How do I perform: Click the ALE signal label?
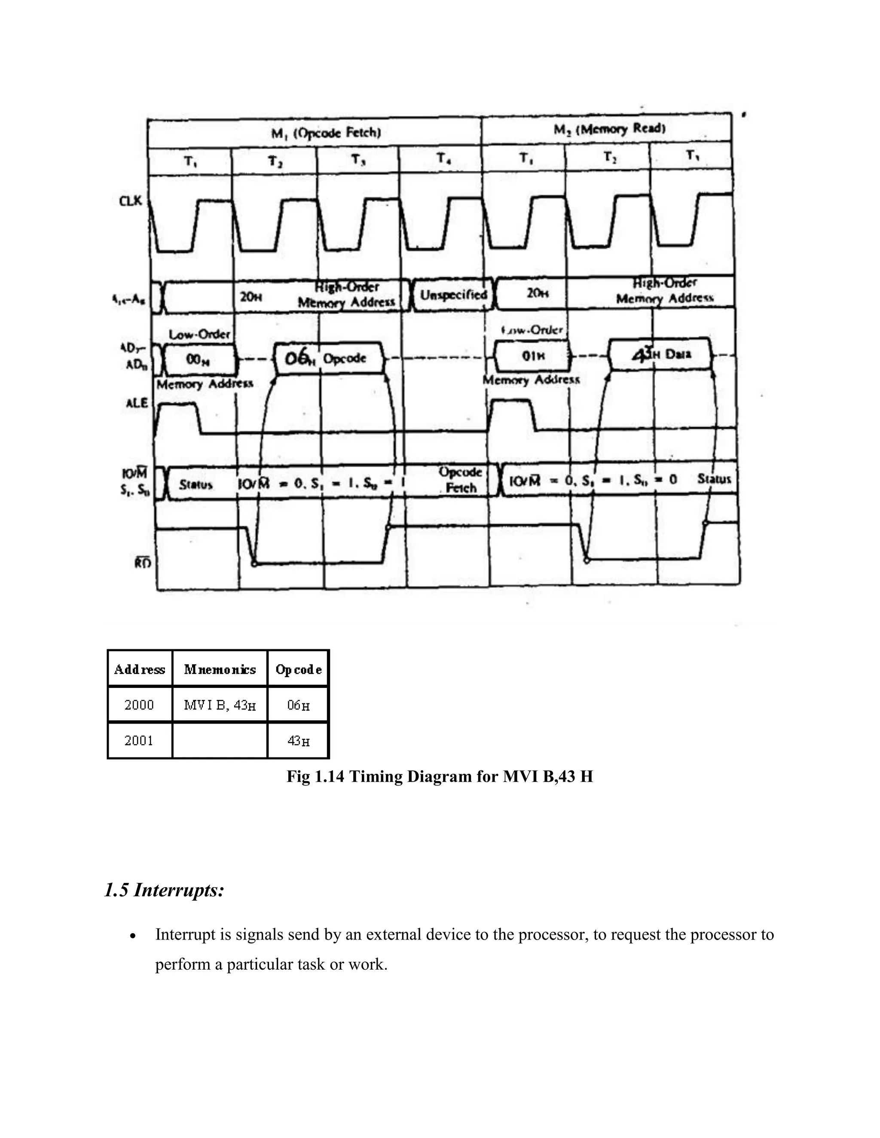click(x=137, y=403)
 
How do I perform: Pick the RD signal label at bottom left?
click(x=143, y=563)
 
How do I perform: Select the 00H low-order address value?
click(x=198, y=359)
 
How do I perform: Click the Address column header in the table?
click(x=139, y=669)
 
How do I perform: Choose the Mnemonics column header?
click(x=220, y=669)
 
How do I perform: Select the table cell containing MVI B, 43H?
click(x=220, y=706)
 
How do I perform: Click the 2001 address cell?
click(x=139, y=740)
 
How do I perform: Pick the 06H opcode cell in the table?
click(x=298, y=706)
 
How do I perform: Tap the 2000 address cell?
click(x=139, y=705)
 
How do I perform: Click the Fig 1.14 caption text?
click(x=440, y=777)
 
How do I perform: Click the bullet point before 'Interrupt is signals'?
click(x=134, y=936)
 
